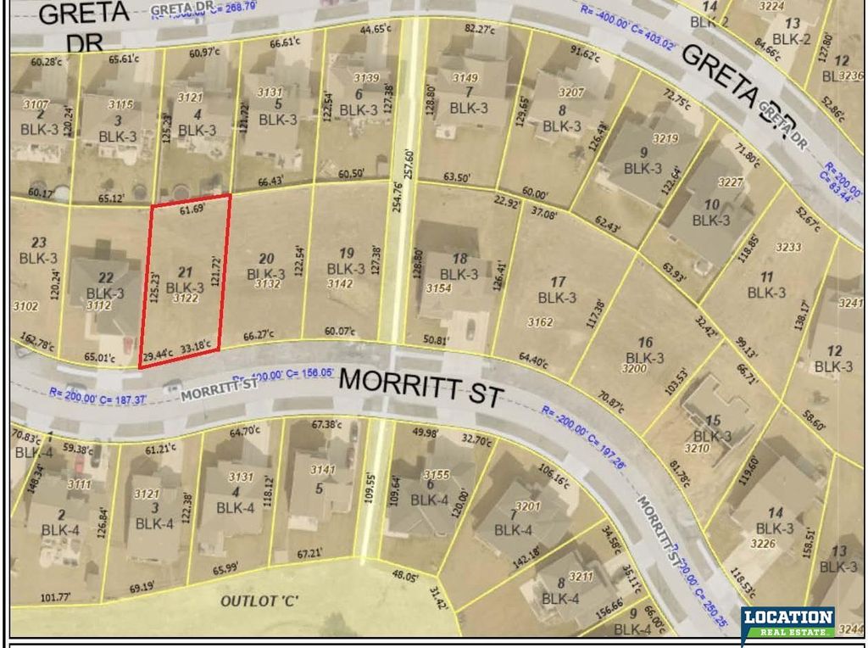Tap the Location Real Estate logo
(787, 625)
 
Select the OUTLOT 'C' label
(260, 601)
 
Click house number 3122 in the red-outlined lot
(185, 299)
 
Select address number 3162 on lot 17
(539, 321)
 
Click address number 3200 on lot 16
(634, 368)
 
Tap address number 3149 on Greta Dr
(465, 78)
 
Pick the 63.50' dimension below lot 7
(455, 178)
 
